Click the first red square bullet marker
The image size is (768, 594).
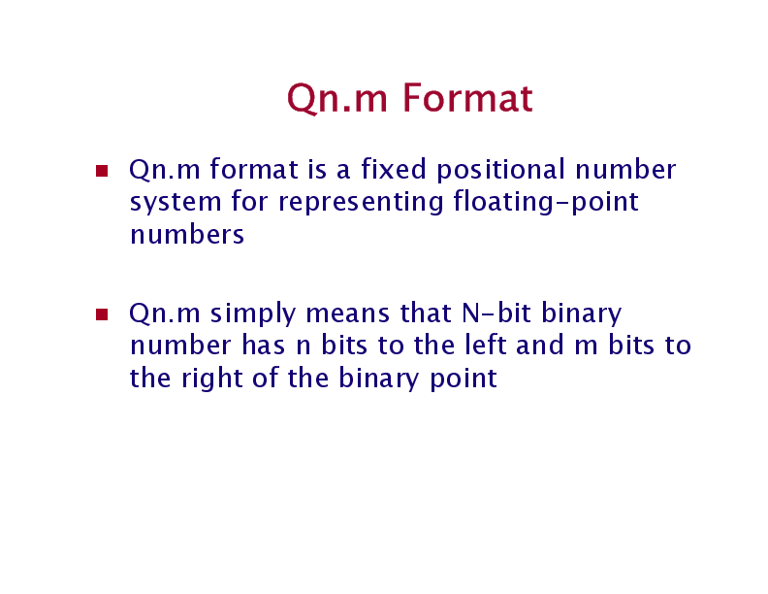click(x=101, y=172)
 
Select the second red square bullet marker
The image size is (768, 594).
click(x=101, y=314)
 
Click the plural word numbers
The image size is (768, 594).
click(x=186, y=235)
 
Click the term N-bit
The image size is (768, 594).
click(x=495, y=313)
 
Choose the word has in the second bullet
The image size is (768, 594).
click(x=257, y=346)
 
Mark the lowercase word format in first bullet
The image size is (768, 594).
click(x=253, y=170)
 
